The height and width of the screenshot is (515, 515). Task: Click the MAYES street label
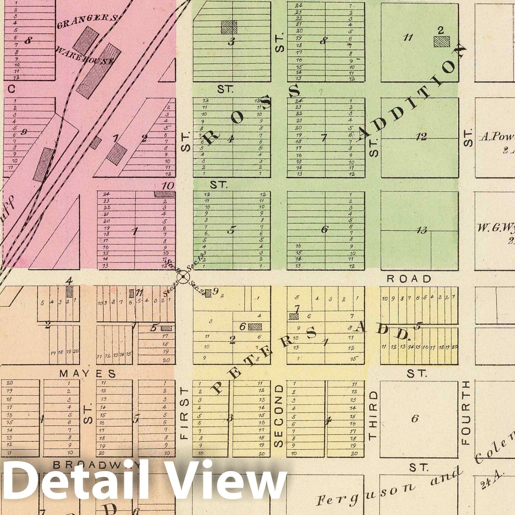pyautogui.click(x=88, y=373)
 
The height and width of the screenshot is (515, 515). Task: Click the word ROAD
pyautogui.click(x=409, y=279)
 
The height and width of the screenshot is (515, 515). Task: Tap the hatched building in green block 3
pyautogui.click(x=229, y=27)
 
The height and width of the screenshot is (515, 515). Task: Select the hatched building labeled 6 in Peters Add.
pyautogui.click(x=255, y=327)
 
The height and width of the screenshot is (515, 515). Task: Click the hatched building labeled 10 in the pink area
pyautogui.click(x=164, y=194)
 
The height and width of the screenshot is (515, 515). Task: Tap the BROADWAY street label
pyautogui.click(x=97, y=465)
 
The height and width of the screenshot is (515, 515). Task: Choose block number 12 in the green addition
pyautogui.click(x=421, y=137)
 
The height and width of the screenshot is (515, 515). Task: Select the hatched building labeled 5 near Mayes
pyautogui.click(x=166, y=328)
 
